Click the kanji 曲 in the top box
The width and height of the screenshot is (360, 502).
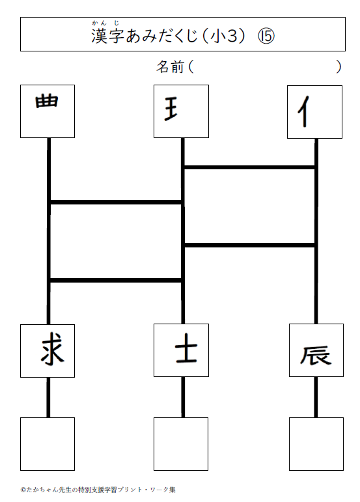[47, 100]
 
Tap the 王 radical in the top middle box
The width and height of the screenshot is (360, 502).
[171, 109]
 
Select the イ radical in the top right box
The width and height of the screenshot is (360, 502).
[303, 111]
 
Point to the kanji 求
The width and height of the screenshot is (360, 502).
[53, 348]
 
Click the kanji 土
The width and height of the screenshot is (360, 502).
[186, 352]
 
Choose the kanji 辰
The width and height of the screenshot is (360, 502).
[316, 355]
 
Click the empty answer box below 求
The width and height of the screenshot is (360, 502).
[48, 444]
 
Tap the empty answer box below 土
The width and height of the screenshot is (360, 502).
[181, 444]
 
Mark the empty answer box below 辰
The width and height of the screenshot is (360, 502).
[316, 444]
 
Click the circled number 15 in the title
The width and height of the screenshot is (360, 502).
[266, 36]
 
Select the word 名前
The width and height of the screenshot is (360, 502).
[171, 67]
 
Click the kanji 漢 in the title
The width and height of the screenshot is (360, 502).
[99, 36]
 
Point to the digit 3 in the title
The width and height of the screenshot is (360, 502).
[232, 36]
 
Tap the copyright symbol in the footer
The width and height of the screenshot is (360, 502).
[23, 490]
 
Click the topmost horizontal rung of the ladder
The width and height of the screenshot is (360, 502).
[249, 167]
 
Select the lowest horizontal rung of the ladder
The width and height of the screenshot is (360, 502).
[115, 281]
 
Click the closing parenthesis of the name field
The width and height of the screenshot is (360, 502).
[339, 67]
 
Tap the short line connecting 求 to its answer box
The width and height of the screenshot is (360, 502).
[48, 397]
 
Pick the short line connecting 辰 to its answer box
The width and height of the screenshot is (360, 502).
[316, 397]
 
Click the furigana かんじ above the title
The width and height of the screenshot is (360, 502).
[105, 23]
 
